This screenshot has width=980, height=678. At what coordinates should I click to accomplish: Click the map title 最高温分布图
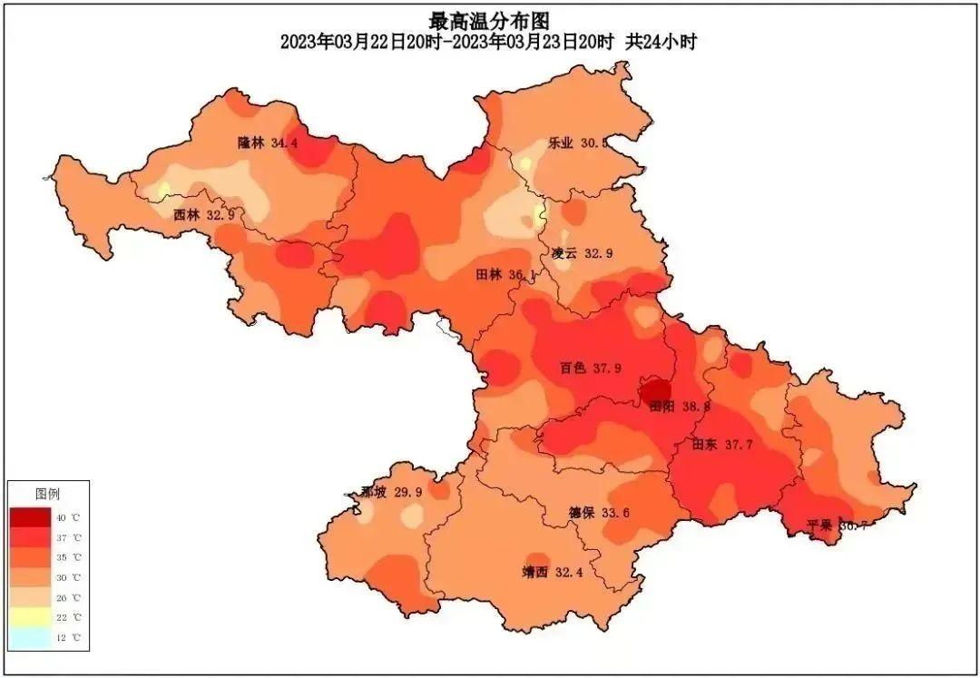coord(489,19)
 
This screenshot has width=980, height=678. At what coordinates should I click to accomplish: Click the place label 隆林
coord(251,142)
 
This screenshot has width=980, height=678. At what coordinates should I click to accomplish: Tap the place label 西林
coord(186,215)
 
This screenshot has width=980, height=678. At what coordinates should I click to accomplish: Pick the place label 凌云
coord(563,253)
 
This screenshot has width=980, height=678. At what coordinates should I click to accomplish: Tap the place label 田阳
coord(662,408)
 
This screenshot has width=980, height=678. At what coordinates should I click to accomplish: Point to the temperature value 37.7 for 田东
coord(739,445)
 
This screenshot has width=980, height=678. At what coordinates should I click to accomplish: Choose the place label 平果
coord(820,525)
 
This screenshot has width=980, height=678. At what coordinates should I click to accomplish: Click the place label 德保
coord(582,513)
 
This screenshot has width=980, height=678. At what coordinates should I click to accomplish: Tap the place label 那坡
coord(373,492)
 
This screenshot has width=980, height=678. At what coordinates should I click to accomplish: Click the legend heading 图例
coord(47,495)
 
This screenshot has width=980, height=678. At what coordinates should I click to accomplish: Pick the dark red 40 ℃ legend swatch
coord(31,516)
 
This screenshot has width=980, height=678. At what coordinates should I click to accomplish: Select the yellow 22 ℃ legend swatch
coord(31,617)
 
